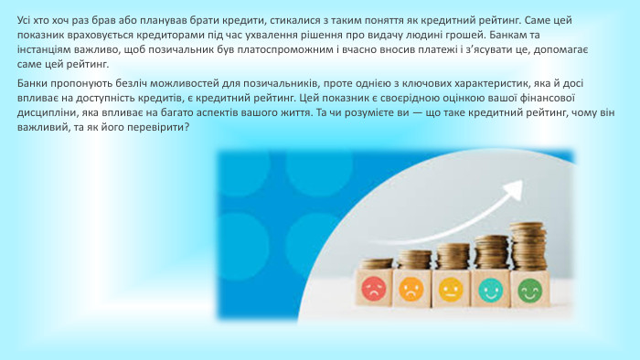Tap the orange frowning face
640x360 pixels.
pos(412,290)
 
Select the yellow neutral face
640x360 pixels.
pos(452,290)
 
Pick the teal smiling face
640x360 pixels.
pos(491,291)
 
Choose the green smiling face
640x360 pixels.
pos(529,291)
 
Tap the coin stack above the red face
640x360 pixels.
pos(375,263)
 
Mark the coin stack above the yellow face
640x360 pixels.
pos(453,256)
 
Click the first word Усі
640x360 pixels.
pos(27,20)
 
